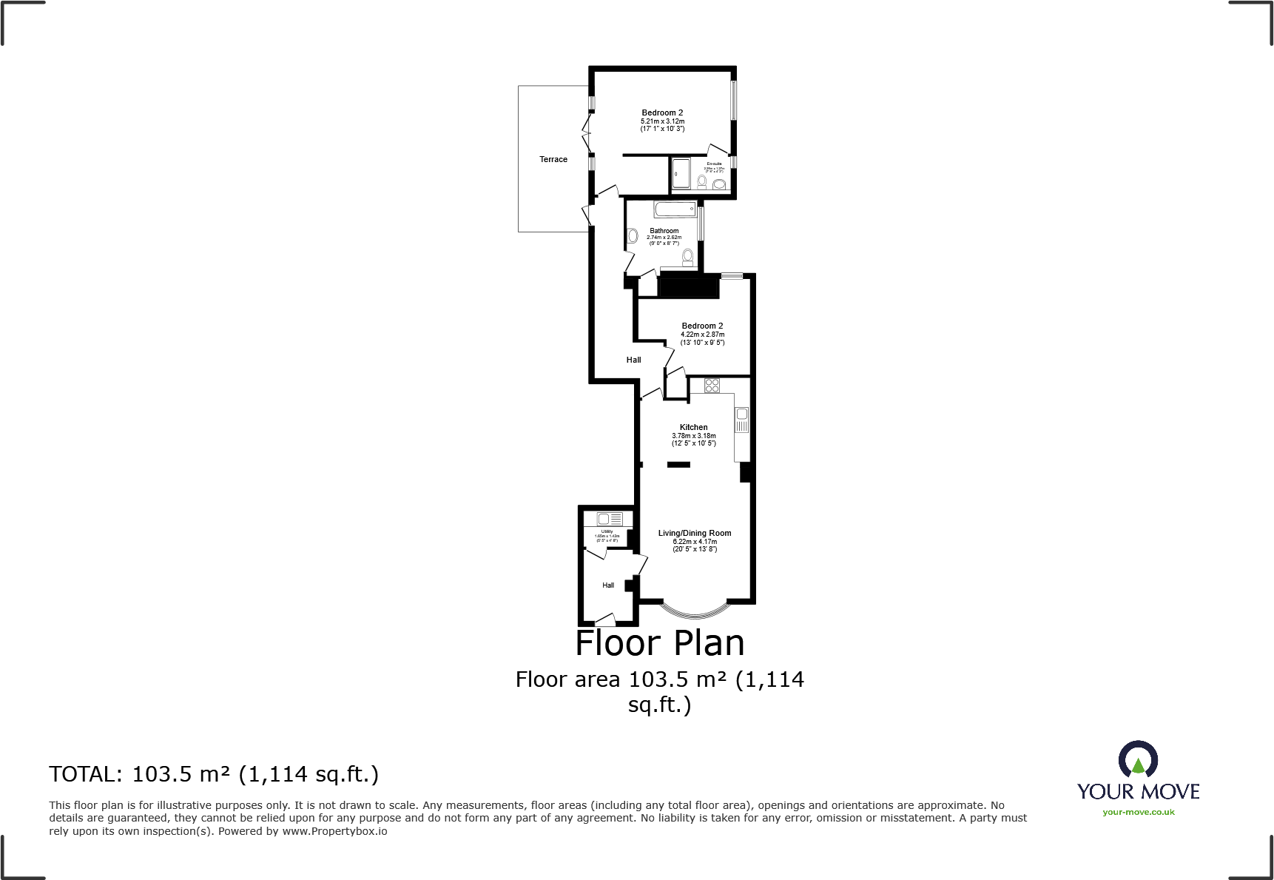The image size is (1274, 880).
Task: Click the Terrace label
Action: coord(553,159)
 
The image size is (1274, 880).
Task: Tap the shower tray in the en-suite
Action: coord(681,174)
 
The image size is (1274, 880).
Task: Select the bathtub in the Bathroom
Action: coord(675,209)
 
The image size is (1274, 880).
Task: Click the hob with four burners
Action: coord(712,385)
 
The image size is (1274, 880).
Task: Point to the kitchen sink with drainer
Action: coord(742,420)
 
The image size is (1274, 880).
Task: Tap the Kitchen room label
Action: coord(693,427)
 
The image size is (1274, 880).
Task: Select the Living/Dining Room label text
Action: coord(694,533)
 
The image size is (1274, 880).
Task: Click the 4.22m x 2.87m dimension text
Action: coord(702,335)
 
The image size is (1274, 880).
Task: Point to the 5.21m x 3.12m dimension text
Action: coord(662,121)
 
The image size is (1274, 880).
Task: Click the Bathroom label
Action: coord(664,231)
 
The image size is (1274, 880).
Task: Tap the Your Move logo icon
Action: coord(1137,761)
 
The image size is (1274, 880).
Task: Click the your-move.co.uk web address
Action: coord(1138,812)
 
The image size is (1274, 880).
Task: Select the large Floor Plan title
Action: coord(659,642)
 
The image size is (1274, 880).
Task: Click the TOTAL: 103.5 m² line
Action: coord(214,774)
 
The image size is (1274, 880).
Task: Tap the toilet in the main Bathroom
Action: coord(688,257)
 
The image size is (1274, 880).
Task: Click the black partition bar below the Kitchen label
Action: coord(678,465)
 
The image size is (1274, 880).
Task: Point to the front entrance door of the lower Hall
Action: coord(605,619)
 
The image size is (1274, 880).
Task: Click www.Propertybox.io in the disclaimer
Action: coord(334,831)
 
